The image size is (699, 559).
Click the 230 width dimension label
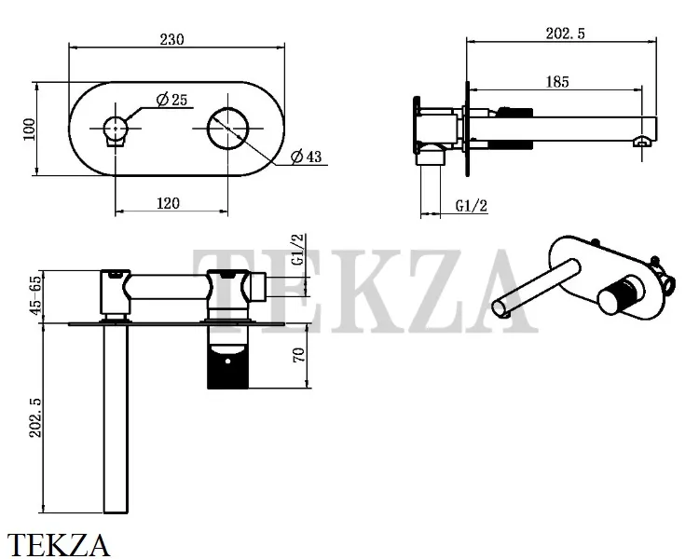tap(171, 39)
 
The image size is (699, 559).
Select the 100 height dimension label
tap(29, 130)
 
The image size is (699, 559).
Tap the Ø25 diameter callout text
tap(172, 100)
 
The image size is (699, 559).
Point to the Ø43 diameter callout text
tap(306, 157)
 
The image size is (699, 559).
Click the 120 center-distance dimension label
tap(168, 203)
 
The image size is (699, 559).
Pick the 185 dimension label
tap(557, 82)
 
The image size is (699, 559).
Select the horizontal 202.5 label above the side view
tap(566, 34)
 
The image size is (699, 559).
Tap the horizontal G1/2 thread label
tap(472, 206)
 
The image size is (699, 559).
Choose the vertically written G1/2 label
tap(298, 250)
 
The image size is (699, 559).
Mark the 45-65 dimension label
tap(35, 295)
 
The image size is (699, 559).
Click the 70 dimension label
tap(298, 354)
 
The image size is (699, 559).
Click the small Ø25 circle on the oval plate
tap(116, 129)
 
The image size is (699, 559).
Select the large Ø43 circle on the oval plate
tap(227, 129)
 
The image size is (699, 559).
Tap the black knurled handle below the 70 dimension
tap(227, 369)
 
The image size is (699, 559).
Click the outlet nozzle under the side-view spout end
tap(642, 142)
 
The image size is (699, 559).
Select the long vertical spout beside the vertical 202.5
tap(116, 418)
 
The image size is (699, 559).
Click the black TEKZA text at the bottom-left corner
tap(59, 545)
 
